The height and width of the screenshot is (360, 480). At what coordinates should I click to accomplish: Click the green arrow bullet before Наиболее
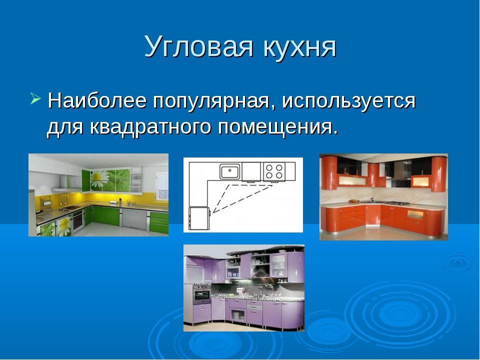[x=35, y=98]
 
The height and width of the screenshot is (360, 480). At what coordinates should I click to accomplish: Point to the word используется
[x=349, y=101]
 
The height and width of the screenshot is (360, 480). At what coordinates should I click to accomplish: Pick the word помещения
[x=278, y=126]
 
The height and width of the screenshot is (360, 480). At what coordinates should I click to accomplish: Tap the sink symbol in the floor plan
[x=230, y=171]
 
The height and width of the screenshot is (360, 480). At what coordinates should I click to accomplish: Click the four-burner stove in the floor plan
[x=274, y=171]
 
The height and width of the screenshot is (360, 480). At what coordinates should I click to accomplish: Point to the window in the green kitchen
[x=161, y=186]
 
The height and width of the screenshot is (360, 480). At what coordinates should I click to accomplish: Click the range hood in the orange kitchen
[x=400, y=171]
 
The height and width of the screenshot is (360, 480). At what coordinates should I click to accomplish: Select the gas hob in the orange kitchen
[x=396, y=203]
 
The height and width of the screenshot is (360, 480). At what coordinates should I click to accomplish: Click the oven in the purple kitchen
[x=201, y=295]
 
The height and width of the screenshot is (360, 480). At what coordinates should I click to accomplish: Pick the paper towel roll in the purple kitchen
[x=239, y=289]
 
